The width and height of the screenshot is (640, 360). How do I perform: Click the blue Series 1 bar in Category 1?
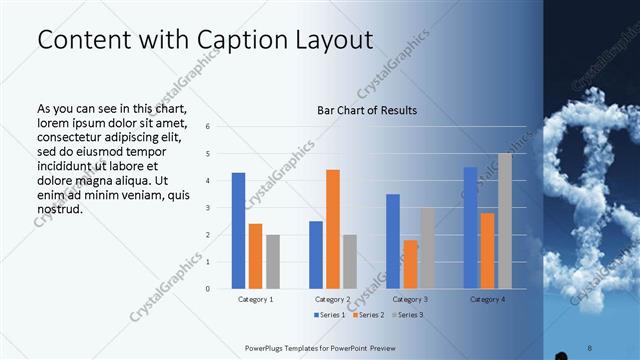click(238, 231)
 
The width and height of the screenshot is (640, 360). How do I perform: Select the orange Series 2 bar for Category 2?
click(333, 229)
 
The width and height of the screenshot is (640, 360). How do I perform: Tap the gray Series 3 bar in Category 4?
click(504, 221)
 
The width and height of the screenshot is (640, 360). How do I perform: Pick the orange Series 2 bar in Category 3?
click(410, 264)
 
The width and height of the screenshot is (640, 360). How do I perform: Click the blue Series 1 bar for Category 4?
click(470, 228)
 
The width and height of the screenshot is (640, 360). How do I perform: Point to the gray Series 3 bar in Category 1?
click(273, 262)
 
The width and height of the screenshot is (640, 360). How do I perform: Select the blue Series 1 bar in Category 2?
click(316, 255)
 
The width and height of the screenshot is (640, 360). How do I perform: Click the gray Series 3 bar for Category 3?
click(427, 248)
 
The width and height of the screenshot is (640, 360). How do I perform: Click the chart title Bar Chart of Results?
click(367, 110)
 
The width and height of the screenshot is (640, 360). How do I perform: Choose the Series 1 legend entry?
click(331, 315)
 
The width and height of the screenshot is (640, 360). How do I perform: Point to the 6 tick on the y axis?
click(207, 127)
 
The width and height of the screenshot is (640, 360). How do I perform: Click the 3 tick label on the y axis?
click(207, 208)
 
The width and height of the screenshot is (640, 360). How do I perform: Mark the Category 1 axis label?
click(255, 299)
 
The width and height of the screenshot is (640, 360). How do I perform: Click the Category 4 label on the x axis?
click(487, 299)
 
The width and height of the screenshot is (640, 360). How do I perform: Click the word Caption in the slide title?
click(233, 40)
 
